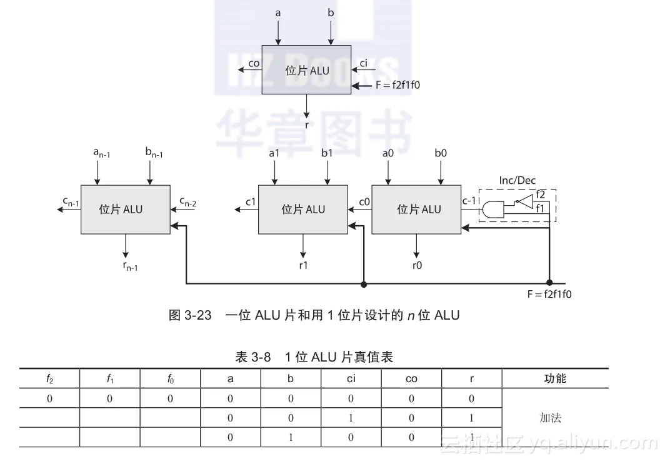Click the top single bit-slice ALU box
(x=306, y=70)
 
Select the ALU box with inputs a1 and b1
(x=303, y=209)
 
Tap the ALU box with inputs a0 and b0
(x=416, y=209)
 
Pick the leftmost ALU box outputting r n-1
(x=125, y=209)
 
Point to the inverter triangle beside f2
(x=524, y=201)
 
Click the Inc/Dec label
(x=517, y=181)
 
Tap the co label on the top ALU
(x=254, y=63)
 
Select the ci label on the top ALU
(x=364, y=63)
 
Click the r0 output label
(x=417, y=265)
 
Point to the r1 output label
(x=303, y=265)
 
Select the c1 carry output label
(x=251, y=201)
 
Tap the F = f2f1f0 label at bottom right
(x=549, y=294)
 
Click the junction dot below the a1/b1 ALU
(x=364, y=284)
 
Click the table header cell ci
(x=351, y=378)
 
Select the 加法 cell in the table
(x=551, y=418)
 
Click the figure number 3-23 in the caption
(x=198, y=315)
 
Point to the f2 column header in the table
(x=49, y=378)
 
